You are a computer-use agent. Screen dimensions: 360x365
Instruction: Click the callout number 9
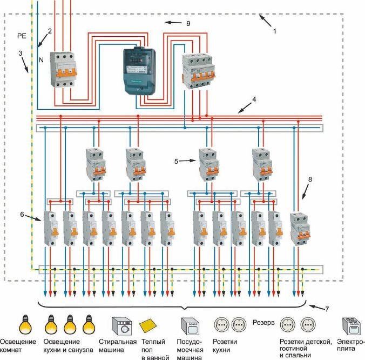click(x=188, y=23)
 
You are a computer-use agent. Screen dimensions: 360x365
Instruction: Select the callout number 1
click(x=274, y=31)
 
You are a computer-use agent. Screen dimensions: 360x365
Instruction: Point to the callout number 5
click(x=176, y=161)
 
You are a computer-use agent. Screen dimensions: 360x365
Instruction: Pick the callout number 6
click(x=22, y=215)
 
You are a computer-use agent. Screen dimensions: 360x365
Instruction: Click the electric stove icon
click(x=352, y=328)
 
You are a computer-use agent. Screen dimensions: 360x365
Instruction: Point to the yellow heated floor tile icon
click(x=149, y=326)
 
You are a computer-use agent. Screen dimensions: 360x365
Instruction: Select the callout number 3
click(x=20, y=54)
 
